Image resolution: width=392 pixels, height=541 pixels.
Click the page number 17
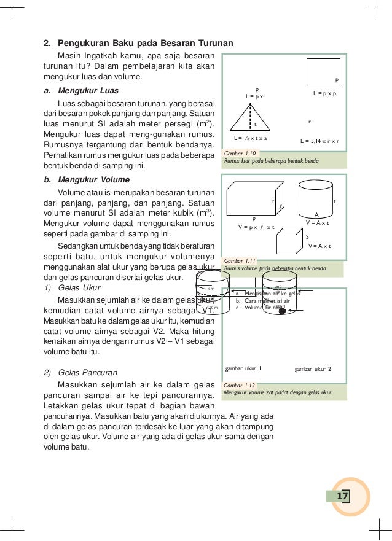coord(342,496)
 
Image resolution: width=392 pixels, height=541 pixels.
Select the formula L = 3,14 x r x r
coord(319,141)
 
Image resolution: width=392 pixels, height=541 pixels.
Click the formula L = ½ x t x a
coord(250,138)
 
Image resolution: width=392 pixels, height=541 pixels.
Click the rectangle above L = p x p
coord(323,71)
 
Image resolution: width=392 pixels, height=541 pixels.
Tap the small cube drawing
coord(287,243)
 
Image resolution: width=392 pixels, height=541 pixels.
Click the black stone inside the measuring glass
coord(282,311)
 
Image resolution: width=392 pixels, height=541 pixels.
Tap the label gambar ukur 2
coord(313,368)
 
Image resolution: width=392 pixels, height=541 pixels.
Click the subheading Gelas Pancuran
coord(88,372)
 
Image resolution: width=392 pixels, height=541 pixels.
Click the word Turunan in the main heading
coord(215,43)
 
